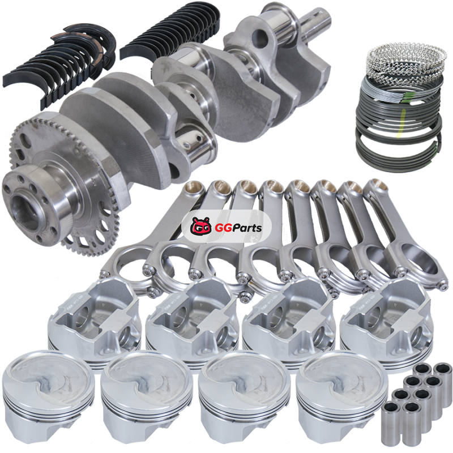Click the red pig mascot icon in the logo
tap(201, 227)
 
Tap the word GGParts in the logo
tap(238, 228)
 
